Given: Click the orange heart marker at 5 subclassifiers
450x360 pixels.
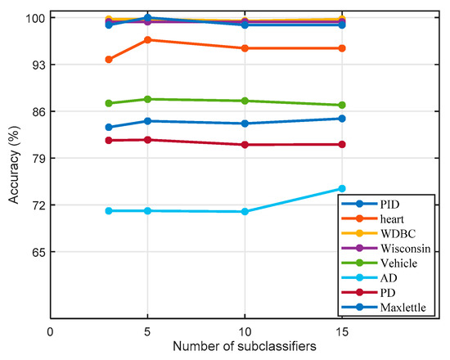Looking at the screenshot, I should pos(147,39).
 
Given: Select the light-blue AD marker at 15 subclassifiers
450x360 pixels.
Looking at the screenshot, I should pos(342,188).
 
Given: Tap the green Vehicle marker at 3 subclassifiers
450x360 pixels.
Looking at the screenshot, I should pos(109,103).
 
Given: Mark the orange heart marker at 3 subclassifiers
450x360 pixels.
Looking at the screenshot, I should pos(109,59).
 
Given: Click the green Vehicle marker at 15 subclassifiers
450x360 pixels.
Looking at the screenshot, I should pos(342,105).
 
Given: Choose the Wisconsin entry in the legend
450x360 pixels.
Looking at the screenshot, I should pos(407,248).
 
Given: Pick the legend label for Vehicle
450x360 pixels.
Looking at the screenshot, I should pos(401,263).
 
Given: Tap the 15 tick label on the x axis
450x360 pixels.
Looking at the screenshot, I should pos(341,332).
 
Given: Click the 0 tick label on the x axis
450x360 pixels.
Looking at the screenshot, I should pos(51,332).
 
